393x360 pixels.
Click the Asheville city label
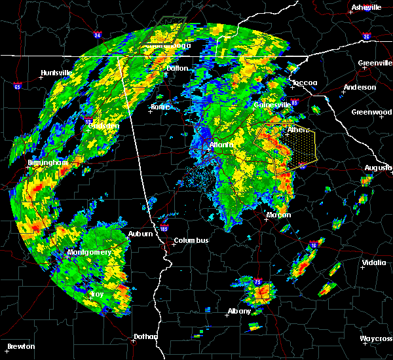[x=367, y=7]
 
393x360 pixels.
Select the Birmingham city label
[x=26, y=162]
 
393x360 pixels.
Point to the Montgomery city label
[x=90, y=252]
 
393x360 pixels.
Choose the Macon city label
[x=278, y=215]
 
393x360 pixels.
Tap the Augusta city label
[x=378, y=168]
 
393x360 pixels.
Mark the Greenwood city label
[x=371, y=112]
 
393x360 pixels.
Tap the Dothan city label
[x=145, y=336]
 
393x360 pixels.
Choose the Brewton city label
[x=22, y=346]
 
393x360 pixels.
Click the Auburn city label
[x=141, y=234]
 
